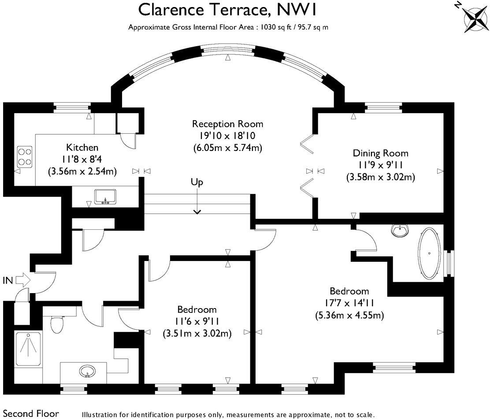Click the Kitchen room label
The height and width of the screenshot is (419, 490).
82,147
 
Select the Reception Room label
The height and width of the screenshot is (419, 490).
227,124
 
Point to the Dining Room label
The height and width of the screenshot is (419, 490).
380,153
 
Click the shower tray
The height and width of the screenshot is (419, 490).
29,350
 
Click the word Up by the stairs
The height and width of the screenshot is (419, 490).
197,182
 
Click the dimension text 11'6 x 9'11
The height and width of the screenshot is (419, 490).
197,321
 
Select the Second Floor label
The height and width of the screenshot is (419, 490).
30,414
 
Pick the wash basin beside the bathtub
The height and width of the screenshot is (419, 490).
401,229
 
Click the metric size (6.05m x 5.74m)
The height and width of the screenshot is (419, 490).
227,147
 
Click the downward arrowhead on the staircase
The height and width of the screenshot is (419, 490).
197,212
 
